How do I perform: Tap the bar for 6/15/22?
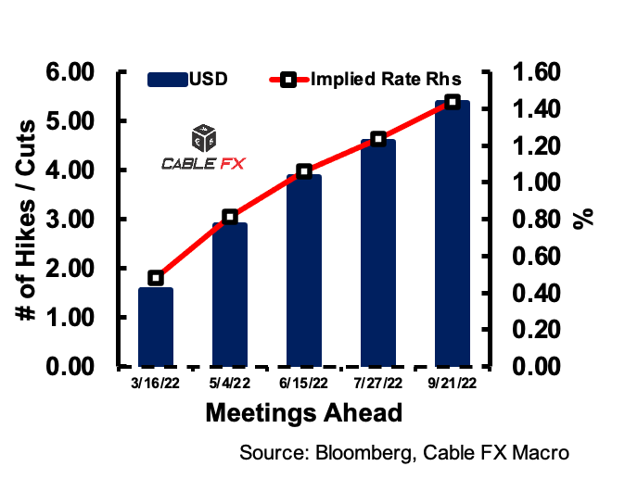pyautogui.click(x=304, y=270)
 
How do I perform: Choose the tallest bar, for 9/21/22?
pyautogui.click(x=452, y=233)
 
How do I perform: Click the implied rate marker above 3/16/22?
pyautogui.click(x=156, y=278)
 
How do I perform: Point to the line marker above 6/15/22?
pyautogui.click(x=304, y=171)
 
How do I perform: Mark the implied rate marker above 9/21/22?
pyautogui.click(x=452, y=102)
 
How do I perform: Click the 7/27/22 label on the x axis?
pyautogui.click(x=378, y=383)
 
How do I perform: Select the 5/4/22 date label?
pyautogui.click(x=230, y=383)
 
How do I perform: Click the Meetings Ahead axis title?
pyautogui.click(x=304, y=412)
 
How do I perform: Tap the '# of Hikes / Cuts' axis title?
pyautogui.click(x=28, y=220)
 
